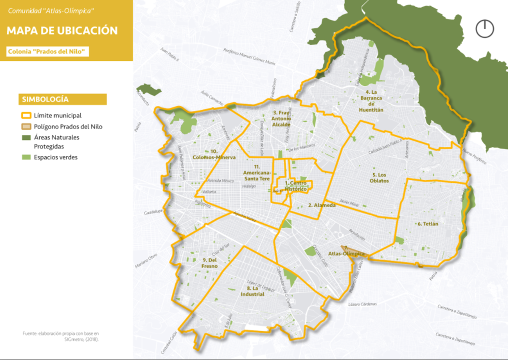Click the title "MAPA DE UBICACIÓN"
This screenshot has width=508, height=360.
click(x=62, y=30)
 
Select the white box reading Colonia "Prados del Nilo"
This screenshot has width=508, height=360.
click(x=48, y=51)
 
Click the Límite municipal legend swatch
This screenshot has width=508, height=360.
click(x=26, y=115)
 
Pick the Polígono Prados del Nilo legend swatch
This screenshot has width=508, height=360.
click(x=26, y=126)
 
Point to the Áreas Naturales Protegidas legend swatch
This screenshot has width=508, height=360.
click(x=26, y=137)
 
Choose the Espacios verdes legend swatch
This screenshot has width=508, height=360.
click(x=26, y=157)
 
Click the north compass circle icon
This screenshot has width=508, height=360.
click(x=484, y=28)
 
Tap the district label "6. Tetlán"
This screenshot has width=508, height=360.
click(x=427, y=224)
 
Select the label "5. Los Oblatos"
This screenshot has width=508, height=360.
click(x=380, y=177)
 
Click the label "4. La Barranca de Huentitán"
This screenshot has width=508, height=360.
click(x=371, y=101)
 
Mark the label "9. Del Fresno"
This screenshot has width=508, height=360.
click(x=210, y=263)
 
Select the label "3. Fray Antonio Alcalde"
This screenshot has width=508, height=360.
click(x=281, y=118)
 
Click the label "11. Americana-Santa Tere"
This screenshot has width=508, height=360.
click(x=256, y=172)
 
